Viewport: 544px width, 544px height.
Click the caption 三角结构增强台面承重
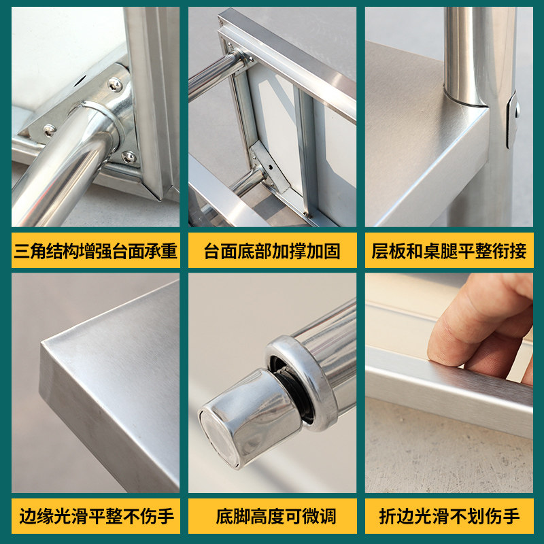point(95,252)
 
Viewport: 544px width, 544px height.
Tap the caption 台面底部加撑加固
point(272,252)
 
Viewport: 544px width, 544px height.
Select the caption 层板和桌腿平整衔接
point(449,252)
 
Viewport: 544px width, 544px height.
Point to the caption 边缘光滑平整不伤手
point(95,516)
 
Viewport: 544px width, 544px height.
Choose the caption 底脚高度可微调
point(272,516)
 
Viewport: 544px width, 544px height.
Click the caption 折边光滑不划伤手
point(449,516)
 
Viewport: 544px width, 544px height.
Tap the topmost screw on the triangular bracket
point(114,84)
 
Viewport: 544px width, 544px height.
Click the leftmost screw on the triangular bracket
point(49,129)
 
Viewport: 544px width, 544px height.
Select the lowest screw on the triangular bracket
point(129,157)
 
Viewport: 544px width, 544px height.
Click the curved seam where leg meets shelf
point(465,103)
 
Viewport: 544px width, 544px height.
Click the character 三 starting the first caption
point(21,252)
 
